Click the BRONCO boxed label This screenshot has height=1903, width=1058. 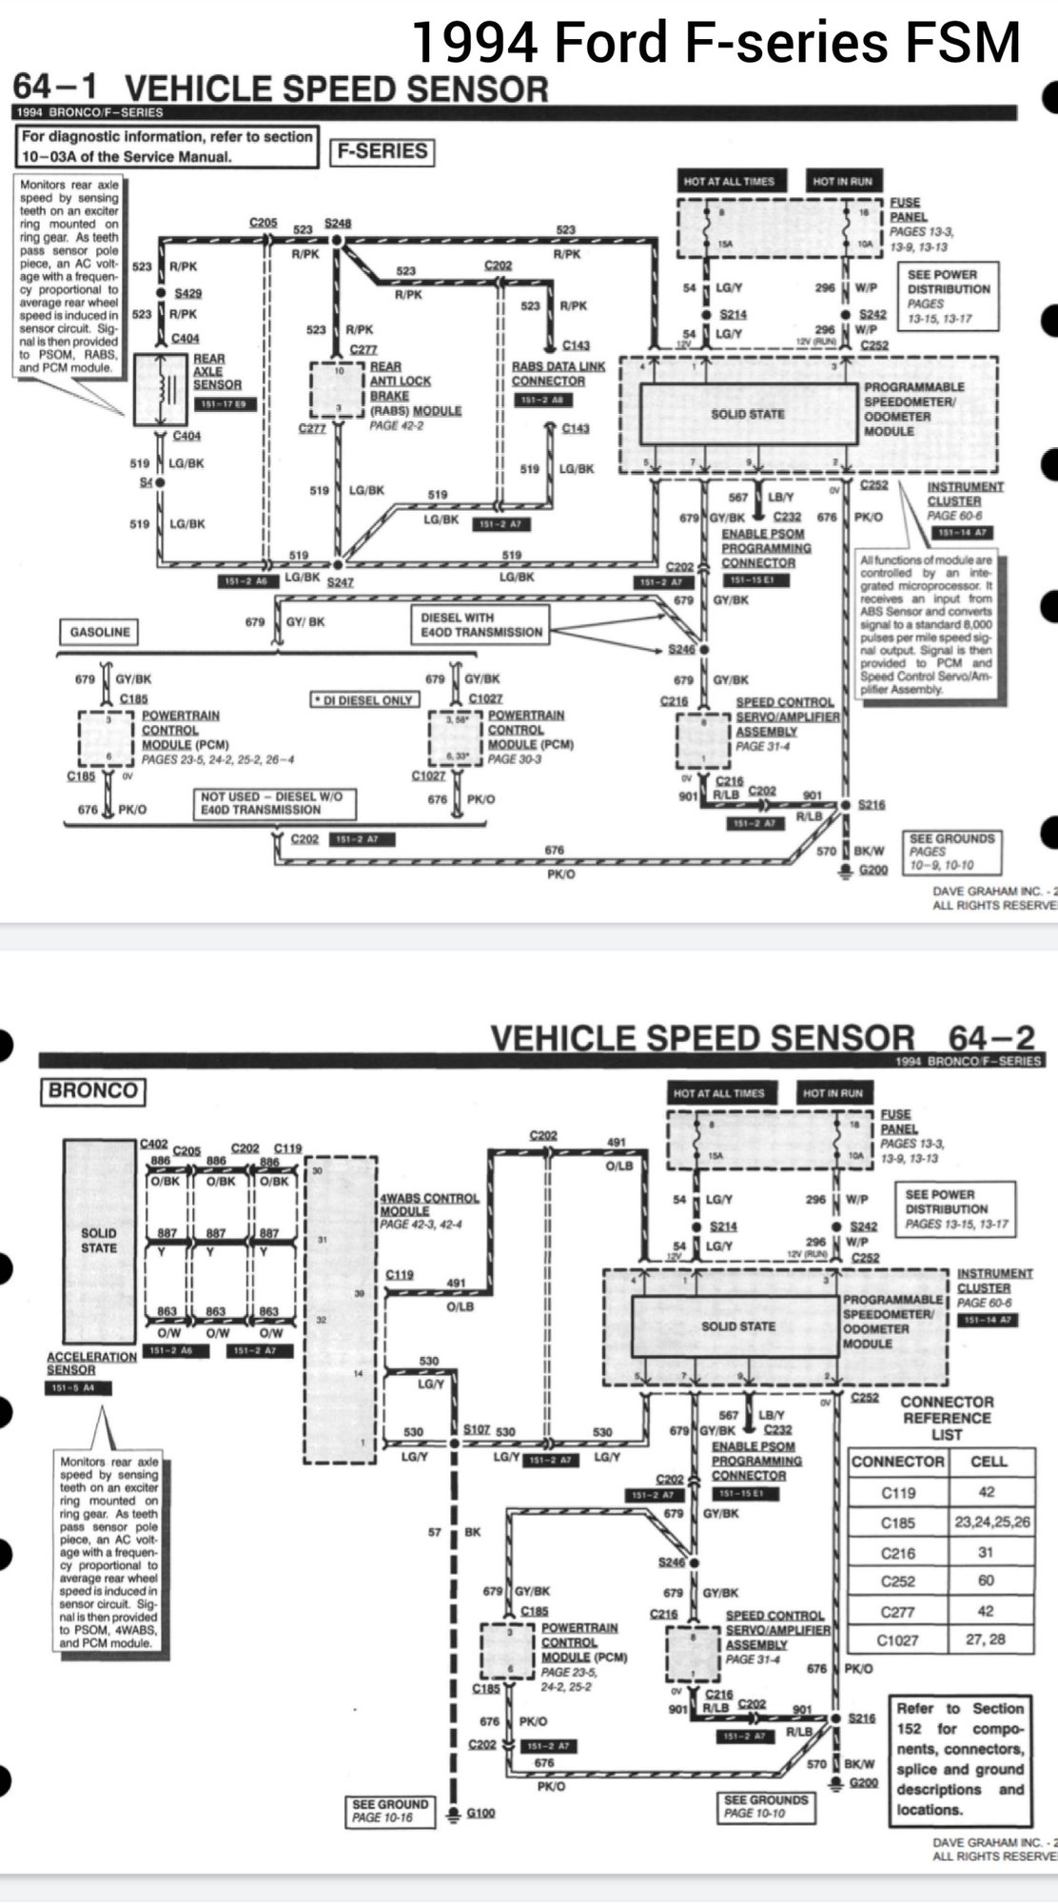tap(92, 1090)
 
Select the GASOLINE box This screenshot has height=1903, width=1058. tap(100, 632)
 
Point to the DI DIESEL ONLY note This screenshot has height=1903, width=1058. tap(365, 699)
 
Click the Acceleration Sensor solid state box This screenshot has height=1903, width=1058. tap(99, 1241)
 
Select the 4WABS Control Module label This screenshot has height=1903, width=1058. tap(429, 1204)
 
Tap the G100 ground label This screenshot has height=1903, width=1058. tap(481, 1813)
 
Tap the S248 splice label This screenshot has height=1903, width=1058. tap(338, 223)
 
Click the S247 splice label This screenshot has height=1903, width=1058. tap(340, 580)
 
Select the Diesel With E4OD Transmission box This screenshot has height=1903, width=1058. tap(481, 624)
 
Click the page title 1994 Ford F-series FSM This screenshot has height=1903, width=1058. tap(715, 42)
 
